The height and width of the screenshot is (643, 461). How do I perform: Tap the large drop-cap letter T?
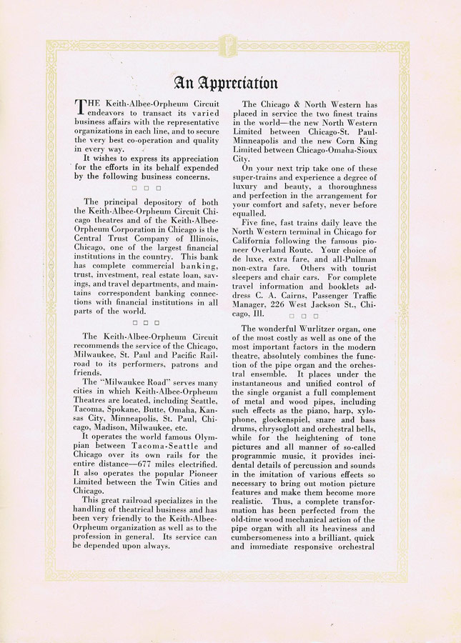click(81, 107)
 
